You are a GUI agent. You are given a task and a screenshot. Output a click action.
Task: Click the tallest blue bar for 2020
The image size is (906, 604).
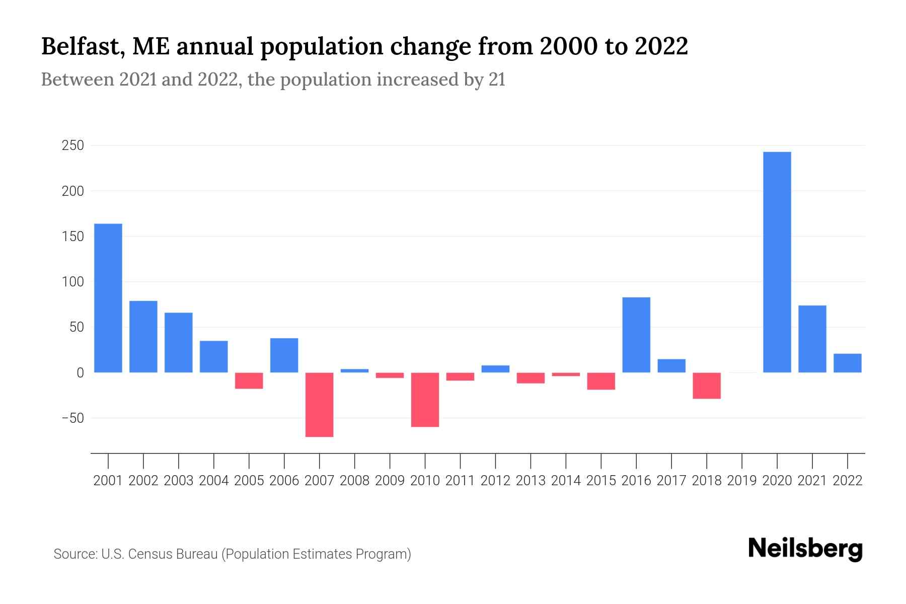(x=777, y=262)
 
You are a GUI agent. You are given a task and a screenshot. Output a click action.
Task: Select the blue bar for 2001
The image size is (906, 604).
(x=108, y=298)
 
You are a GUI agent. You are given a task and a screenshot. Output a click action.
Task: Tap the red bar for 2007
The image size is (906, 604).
(x=320, y=405)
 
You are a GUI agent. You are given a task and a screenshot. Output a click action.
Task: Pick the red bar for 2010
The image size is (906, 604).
(x=425, y=400)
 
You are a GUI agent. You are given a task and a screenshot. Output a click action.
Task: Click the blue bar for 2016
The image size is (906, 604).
(x=636, y=335)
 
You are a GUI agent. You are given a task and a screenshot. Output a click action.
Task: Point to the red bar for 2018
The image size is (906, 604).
(x=707, y=386)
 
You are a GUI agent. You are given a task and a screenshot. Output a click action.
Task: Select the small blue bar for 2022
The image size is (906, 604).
(x=847, y=363)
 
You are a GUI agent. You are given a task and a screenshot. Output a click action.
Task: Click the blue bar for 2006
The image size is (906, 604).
(x=284, y=355)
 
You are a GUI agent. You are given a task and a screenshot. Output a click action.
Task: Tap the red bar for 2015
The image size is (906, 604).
(x=601, y=381)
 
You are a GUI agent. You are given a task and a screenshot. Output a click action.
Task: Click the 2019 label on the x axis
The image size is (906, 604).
(x=742, y=481)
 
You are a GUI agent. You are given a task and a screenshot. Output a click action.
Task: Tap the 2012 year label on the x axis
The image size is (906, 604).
(x=495, y=481)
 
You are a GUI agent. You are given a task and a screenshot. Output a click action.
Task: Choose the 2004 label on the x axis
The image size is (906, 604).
(x=214, y=481)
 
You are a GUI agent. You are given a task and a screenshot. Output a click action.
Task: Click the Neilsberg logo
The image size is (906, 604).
(x=805, y=549)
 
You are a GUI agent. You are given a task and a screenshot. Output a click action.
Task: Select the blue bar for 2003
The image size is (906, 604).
(x=179, y=342)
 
